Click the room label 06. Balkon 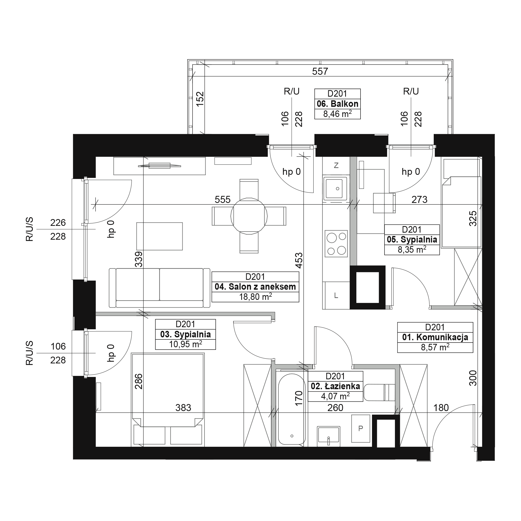(337, 104)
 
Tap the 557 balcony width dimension (320, 71)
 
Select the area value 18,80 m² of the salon (255, 297)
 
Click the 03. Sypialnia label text (185, 334)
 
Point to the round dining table (249, 216)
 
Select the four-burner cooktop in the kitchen (336, 244)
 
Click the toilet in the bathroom (379, 392)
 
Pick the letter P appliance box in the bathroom (361, 428)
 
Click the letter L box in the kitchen (336, 295)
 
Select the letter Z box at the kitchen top (336, 165)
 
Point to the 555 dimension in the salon (222, 200)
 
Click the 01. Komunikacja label (435, 337)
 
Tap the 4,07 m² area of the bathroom (336, 396)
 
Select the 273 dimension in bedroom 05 (419, 200)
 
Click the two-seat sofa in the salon (159, 288)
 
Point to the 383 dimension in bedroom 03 (183, 408)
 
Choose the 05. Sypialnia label (412, 239)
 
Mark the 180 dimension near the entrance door (441, 408)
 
